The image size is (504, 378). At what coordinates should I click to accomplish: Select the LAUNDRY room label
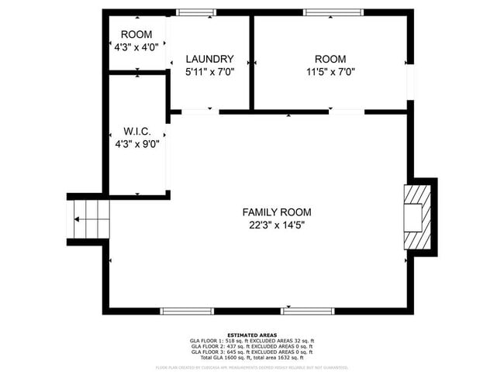tap(209, 59)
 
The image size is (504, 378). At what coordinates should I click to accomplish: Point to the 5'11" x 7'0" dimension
tap(209, 72)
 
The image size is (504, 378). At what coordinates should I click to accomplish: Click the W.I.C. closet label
tap(137, 131)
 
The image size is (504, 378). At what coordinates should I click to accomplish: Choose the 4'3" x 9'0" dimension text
tap(137, 144)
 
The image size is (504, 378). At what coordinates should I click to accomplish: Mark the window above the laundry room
tap(196, 12)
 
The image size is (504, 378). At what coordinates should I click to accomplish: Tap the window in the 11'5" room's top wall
tap(333, 12)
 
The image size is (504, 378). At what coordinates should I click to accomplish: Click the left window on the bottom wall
tap(187, 311)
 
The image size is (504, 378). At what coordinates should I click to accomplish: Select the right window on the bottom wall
tap(308, 311)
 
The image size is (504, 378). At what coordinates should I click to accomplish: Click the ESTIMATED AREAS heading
tap(252, 335)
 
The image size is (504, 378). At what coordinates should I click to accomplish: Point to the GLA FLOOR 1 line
tap(252, 342)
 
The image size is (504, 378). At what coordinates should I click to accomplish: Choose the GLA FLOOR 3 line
tap(252, 352)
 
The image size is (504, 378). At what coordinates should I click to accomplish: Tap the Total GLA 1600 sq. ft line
tap(252, 358)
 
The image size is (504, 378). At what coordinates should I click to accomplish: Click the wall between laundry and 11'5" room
tap(251, 62)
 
